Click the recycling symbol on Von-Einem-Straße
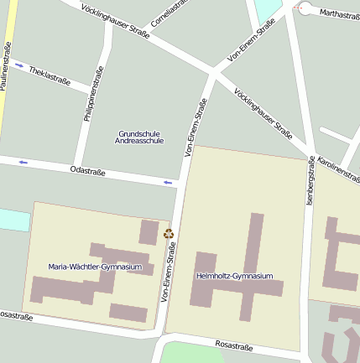[x=169, y=235]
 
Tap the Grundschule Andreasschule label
[x=139, y=137]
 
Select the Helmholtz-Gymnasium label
[x=234, y=276]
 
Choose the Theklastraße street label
[x=50, y=76]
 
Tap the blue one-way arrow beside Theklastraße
[x=20, y=65]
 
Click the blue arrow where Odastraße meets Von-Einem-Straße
[x=169, y=182]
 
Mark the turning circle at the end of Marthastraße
[x=305, y=10]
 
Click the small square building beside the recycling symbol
[x=149, y=232]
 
